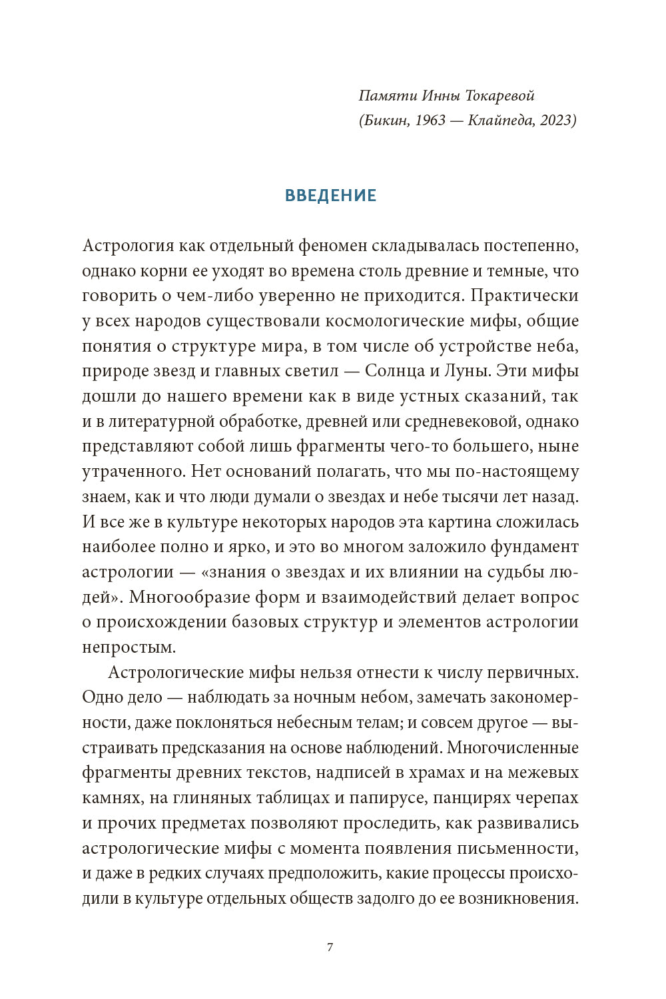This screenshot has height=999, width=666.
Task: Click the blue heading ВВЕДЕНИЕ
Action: point(330,195)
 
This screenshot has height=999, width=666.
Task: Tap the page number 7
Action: point(330,947)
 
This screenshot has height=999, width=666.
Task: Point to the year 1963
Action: point(426,121)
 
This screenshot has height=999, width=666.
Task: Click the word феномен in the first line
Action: point(332,246)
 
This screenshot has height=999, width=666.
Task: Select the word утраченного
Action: point(133,472)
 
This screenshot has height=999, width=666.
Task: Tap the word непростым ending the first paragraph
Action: point(129,647)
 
